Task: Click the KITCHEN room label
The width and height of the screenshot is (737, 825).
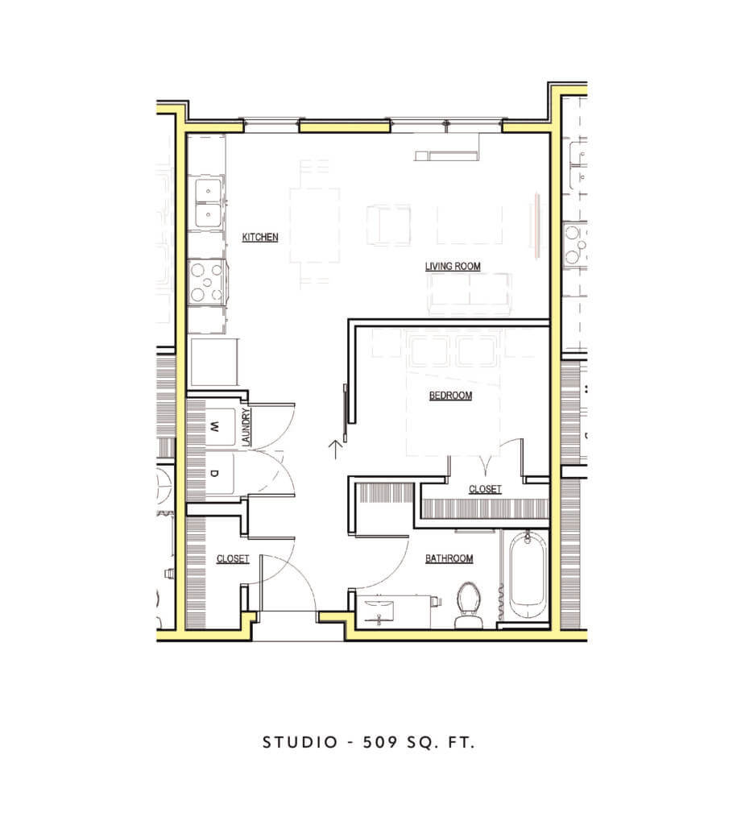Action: coord(260,237)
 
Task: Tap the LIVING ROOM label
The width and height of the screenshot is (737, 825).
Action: coord(453,266)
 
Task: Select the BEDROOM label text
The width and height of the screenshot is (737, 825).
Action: coord(450,396)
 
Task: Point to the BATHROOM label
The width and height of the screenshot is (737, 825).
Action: coord(449,558)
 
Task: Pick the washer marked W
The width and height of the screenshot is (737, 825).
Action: coord(214,426)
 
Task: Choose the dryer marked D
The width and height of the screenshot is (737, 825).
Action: coord(214,474)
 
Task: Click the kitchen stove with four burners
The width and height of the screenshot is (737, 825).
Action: coord(207,281)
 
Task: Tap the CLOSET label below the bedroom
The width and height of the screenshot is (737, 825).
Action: coord(485,489)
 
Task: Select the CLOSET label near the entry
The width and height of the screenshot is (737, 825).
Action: coord(233,558)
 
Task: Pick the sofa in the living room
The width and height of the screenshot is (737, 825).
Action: coord(470,294)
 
